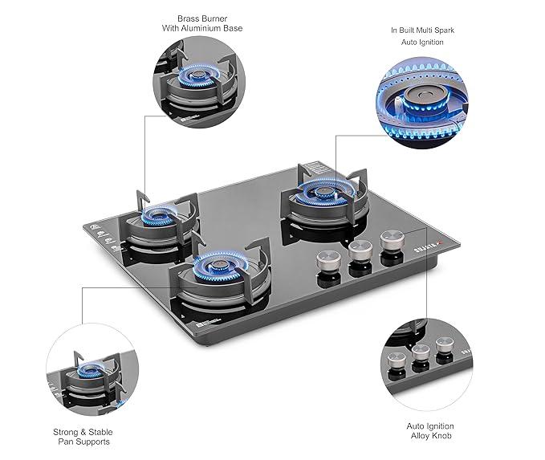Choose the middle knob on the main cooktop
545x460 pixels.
pyautogui.click(x=359, y=250)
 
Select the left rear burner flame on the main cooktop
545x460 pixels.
pyautogui.click(x=157, y=215)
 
